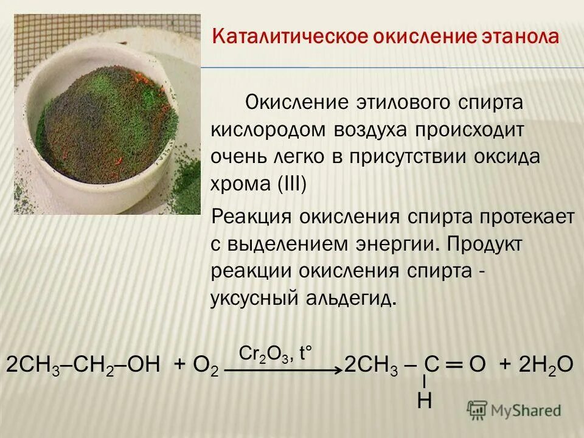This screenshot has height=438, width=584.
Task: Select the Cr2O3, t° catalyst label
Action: point(276,353)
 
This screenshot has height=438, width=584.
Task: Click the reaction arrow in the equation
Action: point(283,369)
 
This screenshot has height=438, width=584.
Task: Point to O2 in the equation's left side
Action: point(205,366)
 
